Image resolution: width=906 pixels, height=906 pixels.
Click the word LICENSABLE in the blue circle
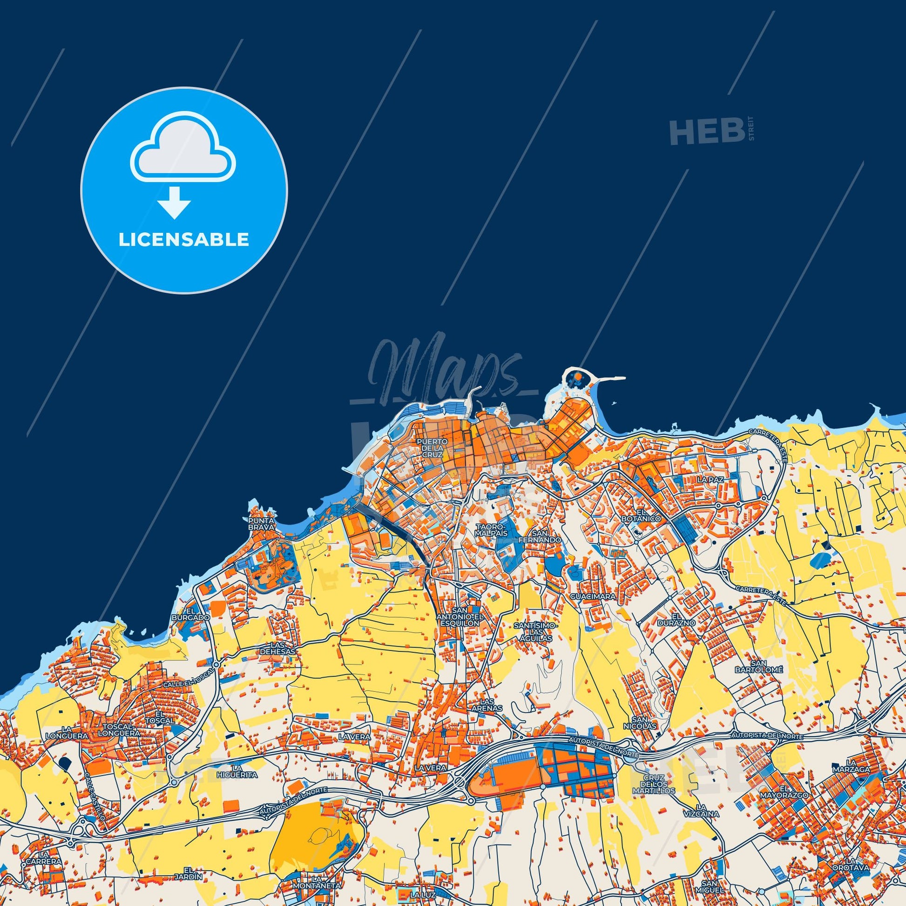click(x=184, y=240)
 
